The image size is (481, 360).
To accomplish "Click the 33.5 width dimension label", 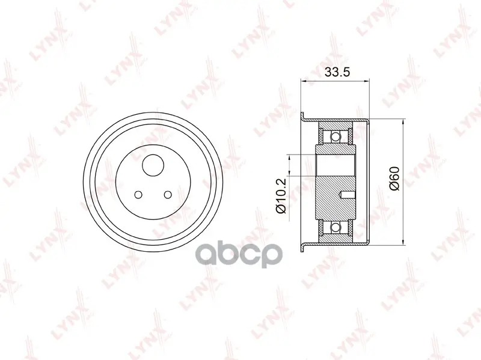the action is [x=337, y=72].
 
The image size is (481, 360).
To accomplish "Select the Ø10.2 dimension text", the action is [x=281, y=196].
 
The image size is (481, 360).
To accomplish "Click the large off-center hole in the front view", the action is [x=153, y=165].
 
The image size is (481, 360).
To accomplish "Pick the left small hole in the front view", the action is [x=138, y=194].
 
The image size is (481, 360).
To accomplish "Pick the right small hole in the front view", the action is [x=168, y=194].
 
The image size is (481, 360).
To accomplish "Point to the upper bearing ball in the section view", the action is [x=336, y=136].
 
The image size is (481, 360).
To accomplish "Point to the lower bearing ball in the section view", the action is [x=336, y=227].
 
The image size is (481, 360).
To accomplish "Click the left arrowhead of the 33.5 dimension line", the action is [x=303, y=81].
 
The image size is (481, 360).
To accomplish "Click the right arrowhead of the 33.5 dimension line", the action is [x=366, y=81].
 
